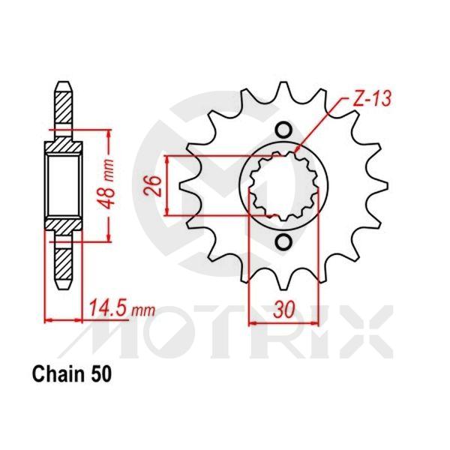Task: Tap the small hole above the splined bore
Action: point(283,130)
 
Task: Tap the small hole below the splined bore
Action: point(283,241)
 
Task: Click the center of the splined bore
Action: point(283,185)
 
